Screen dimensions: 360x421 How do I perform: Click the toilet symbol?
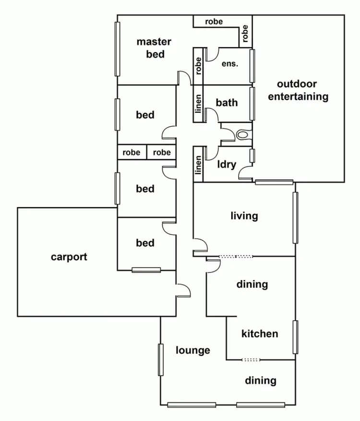(244, 134)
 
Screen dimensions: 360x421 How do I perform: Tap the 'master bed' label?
(154, 48)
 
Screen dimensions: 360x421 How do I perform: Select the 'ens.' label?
(230, 64)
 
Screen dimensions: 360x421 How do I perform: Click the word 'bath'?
(227, 102)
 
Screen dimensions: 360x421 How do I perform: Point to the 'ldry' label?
(227, 164)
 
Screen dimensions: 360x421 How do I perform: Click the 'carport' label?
(69, 257)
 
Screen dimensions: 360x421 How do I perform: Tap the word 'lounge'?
(193, 350)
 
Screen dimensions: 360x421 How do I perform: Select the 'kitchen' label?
(260, 334)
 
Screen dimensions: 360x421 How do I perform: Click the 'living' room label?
(244, 216)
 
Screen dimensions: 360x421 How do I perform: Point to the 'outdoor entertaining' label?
(298, 90)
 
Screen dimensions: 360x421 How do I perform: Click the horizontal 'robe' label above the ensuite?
(214, 22)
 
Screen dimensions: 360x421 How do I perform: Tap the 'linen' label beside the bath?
(198, 104)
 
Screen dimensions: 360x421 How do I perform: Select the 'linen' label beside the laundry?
(198, 165)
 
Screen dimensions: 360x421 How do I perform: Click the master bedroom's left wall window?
(117, 49)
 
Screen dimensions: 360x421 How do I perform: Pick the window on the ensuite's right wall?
(252, 66)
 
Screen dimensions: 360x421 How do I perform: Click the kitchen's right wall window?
(296, 337)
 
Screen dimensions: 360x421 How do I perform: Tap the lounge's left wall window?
(161, 360)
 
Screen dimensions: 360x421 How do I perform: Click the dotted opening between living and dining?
(236, 257)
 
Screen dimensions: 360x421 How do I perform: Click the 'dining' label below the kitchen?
(261, 381)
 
